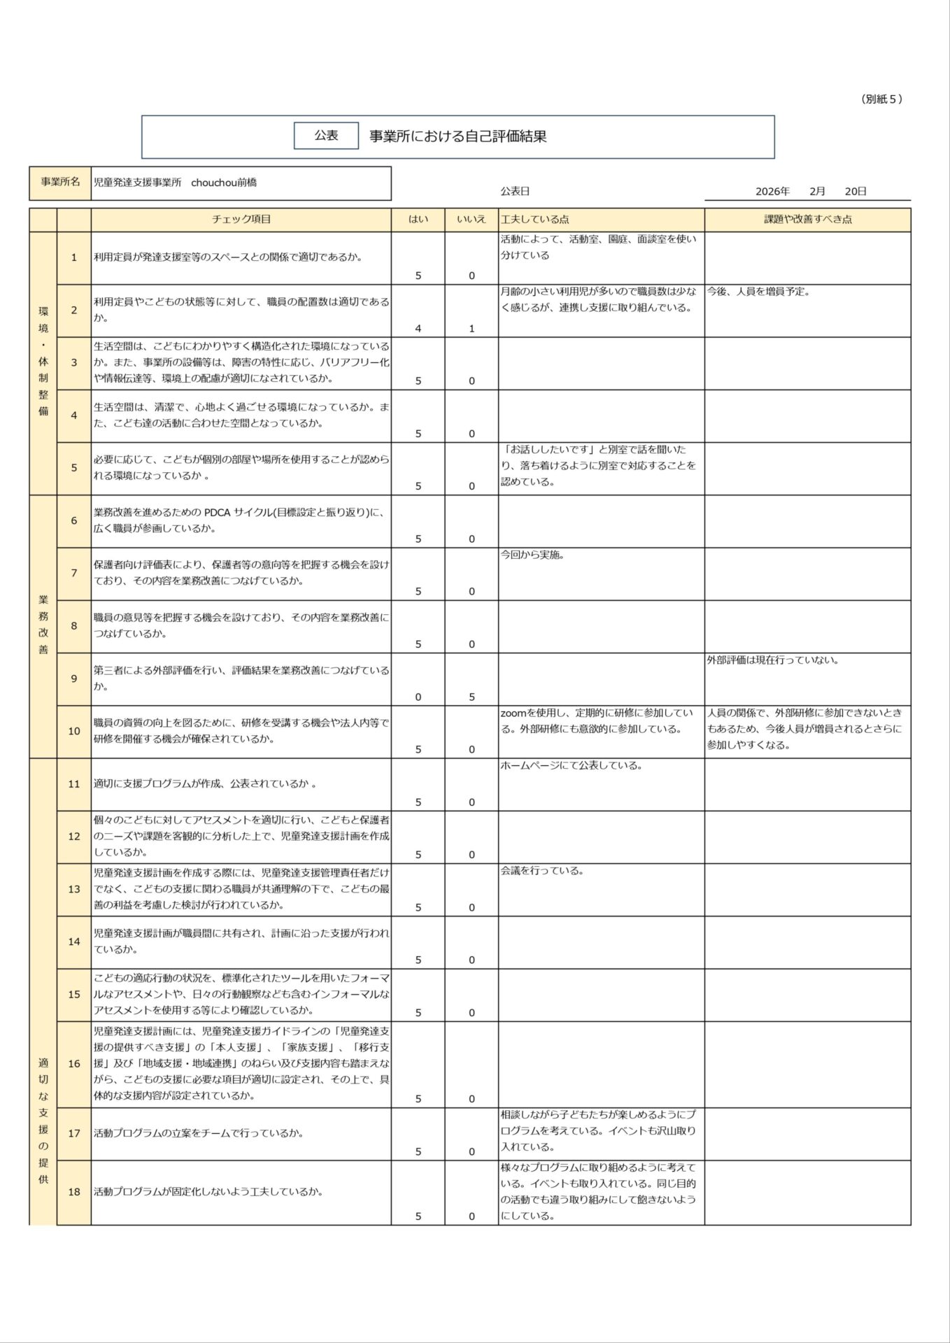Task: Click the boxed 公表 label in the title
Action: click(x=326, y=136)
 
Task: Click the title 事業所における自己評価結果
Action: click(x=458, y=136)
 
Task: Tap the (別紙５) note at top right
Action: click(x=881, y=99)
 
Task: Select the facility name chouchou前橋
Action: click(x=224, y=183)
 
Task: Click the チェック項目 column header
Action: click(x=241, y=220)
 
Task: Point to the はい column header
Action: click(x=418, y=220)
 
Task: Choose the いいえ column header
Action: click(x=472, y=220)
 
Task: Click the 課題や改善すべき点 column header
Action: click(x=807, y=220)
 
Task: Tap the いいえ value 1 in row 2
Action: click(x=472, y=328)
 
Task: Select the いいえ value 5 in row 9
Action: click(x=472, y=697)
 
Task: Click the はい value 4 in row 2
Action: click(x=418, y=328)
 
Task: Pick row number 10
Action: click(x=74, y=731)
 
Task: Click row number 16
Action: click(x=74, y=1063)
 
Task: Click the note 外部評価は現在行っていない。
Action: click(x=772, y=660)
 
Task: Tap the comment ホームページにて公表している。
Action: click(x=572, y=766)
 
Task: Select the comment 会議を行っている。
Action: click(x=542, y=871)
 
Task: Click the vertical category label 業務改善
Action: click(x=43, y=625)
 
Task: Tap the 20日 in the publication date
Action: click(x=856, y=192)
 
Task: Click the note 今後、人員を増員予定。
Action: click(x=758, y=292)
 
